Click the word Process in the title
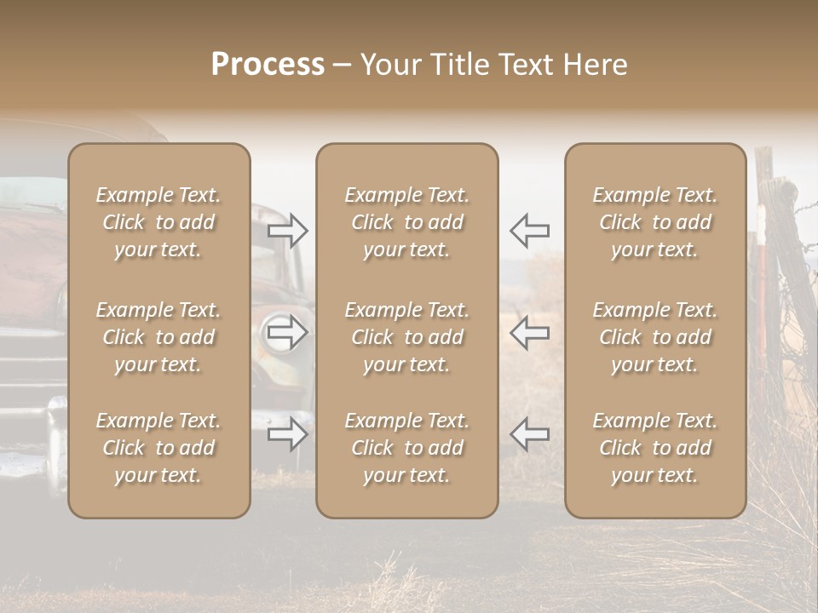click(268, 65)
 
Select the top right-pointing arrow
click(288, 231)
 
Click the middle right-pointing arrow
click(288, 332)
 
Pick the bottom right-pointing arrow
click(288, 434)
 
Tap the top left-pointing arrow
click(529, 230)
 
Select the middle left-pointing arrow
click(529, 332)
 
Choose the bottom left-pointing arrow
click(529, 433)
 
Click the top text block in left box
click(158, 222)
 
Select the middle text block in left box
click(158, 337)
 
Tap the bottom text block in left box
click(158, 448)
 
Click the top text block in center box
click(406, 222)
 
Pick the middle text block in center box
click(406, 337)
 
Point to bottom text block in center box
click(406, 448)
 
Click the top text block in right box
click(654, 222)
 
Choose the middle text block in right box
click(654, 337)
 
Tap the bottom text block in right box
click(654, 448)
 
